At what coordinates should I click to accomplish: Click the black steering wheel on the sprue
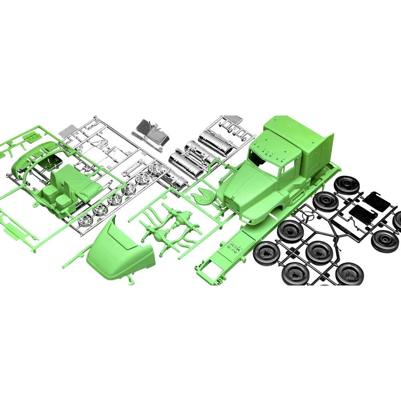pos(307,217)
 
